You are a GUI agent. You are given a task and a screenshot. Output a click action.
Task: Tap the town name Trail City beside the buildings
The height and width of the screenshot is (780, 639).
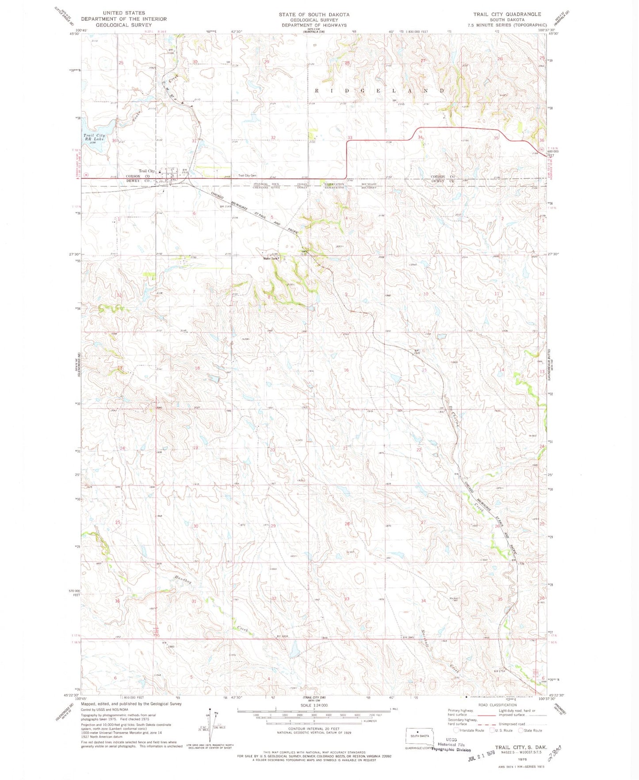click(147, 171)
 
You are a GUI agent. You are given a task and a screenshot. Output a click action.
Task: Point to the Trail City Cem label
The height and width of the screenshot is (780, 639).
click(247, 176)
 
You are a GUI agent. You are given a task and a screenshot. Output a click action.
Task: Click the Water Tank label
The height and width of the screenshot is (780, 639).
click(271, 258)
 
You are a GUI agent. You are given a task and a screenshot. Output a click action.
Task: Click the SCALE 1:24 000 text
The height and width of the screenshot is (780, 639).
click(314, 705)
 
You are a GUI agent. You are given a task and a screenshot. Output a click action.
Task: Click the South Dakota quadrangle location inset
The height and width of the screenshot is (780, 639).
click(417, 736)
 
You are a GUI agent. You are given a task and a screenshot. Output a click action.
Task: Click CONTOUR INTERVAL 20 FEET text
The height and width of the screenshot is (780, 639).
click(314, 729)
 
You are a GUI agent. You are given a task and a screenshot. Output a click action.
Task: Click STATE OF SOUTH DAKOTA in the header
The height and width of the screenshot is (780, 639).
click(314, 15)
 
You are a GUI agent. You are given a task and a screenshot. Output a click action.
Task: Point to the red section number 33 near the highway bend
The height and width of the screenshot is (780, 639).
click(349, 138)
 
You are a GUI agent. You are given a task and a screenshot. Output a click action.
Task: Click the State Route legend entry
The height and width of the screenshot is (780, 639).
click(530, 730)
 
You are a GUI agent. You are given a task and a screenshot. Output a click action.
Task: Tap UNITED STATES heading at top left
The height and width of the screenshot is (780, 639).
click(123, 13)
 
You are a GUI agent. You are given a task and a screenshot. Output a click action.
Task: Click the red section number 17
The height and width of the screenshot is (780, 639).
click(268, 369)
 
